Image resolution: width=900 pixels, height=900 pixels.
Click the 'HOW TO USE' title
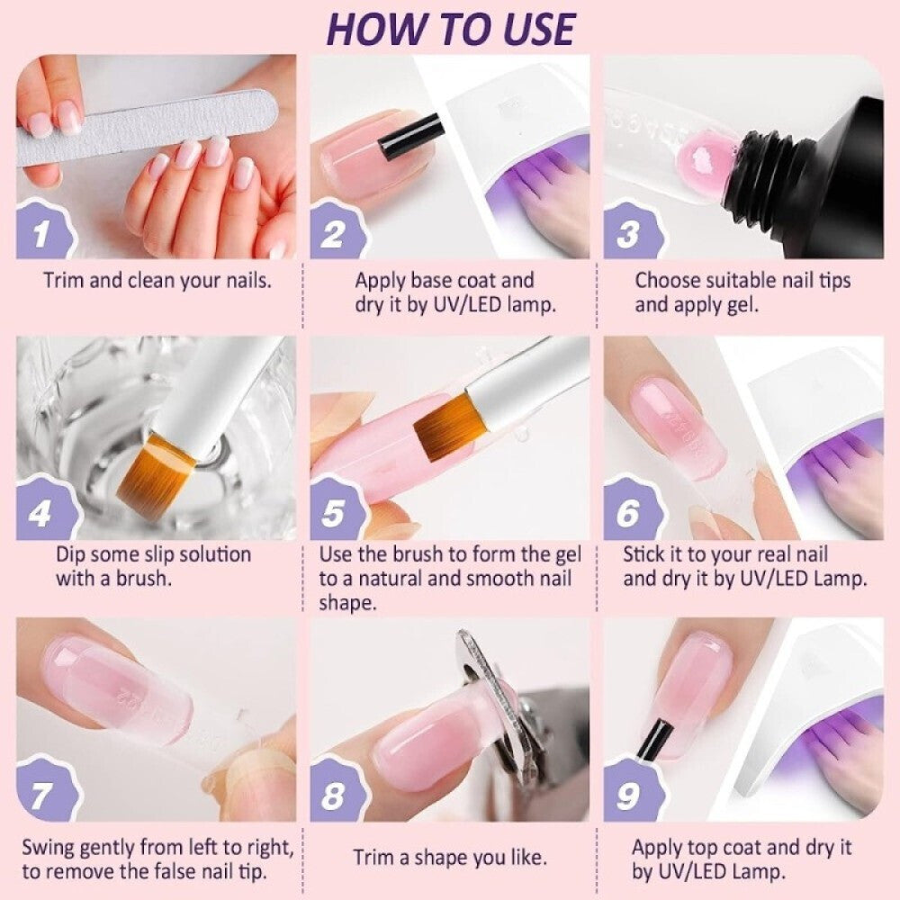click(451, 29)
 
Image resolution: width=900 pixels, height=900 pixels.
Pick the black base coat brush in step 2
click(411, 136)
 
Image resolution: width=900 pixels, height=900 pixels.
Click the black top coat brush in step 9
click(654, 741)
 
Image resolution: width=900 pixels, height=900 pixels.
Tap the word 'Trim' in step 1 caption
click(64, 281)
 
